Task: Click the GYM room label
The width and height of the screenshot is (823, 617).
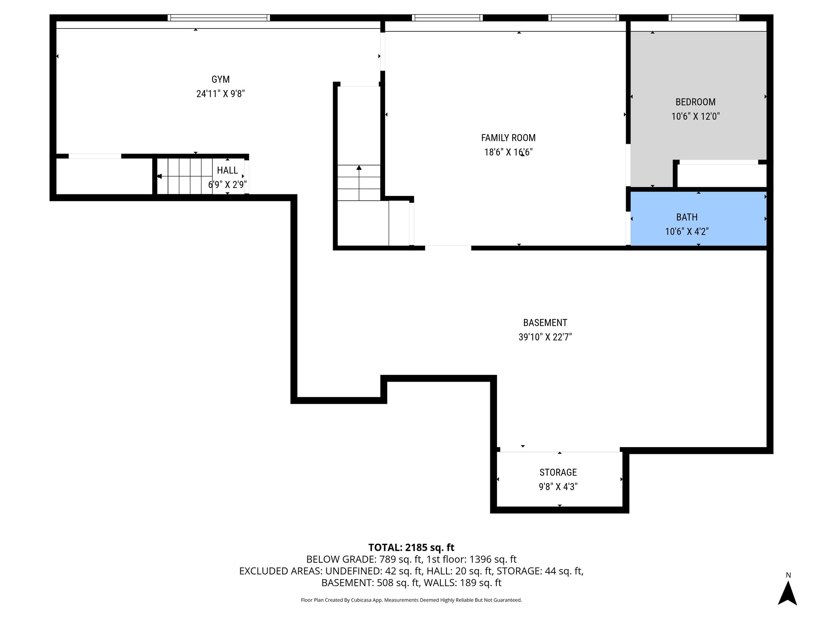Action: click(220, 80)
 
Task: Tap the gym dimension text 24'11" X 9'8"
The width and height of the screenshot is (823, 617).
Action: click(220, 94)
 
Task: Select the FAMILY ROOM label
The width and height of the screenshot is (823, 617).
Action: click(508, 138)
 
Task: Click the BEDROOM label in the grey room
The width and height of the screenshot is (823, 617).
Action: click(695, 102)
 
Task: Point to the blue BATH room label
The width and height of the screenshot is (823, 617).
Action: click(687, 217)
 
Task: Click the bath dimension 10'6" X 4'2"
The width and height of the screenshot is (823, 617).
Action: click(687, 232)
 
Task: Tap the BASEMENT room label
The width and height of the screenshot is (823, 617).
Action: click(545, 323)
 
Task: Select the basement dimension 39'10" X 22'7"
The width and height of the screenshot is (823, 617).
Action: click(545, 337)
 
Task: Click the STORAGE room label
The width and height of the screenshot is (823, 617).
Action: click(558, 472)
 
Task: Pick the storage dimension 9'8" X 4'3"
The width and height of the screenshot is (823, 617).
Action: click(558, 487)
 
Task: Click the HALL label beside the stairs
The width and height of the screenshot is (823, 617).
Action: click(227, 170)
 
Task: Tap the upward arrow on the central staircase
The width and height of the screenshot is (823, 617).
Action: click(359, 168)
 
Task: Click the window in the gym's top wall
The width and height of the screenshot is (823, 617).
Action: click(219, 18)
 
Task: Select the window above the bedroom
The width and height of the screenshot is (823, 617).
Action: click(704, 18)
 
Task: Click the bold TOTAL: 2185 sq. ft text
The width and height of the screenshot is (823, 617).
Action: click(411, 548)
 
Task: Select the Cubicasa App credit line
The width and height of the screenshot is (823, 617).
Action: click(411, 600)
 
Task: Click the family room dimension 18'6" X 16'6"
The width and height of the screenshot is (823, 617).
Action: click(508, 152)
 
